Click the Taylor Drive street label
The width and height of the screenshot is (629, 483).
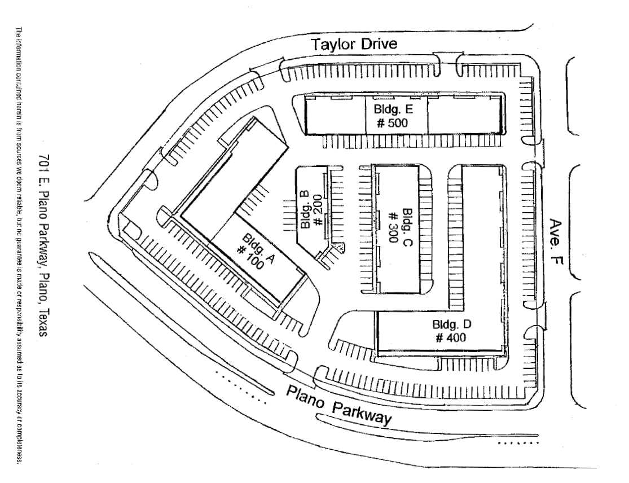(355, 44)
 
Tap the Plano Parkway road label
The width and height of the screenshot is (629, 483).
(338, 406)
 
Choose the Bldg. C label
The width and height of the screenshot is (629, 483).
(408, 228)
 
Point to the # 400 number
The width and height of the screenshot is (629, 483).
(451, 338)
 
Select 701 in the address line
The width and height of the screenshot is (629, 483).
(43, 161)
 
